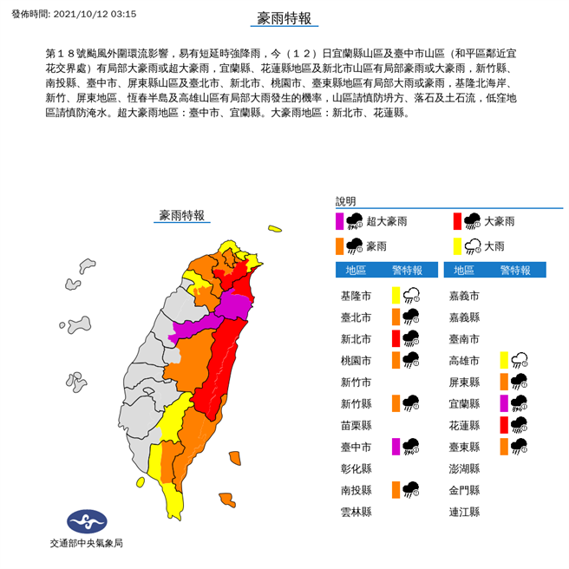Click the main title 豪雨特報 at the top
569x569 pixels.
pyautogui.click(x=284, y=18)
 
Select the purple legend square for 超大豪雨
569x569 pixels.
pyautogui.click(x=341, y=221)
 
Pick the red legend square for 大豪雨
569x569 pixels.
pyautogui.click(x=456, y=221)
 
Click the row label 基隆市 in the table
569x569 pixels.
pyautogui.click(x=356, y=296)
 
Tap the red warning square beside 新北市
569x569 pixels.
pyautogui.click(x=396, y=338)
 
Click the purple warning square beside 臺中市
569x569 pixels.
pyautogui.click(x=396, y=447)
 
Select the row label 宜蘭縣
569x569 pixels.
pyautogui.click(x=464, y=403)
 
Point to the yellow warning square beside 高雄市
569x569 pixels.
pyautogui.click(x=506, y=360)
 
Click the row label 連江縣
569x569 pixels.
pyautogui.click(x=464, y=512)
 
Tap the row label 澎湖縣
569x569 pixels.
pyautogui.click(x=464, y=468)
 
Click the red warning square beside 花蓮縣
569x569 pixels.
pyautogui.click(x=506, y=425)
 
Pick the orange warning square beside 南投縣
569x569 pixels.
pyautogui.click(x=396, y=490)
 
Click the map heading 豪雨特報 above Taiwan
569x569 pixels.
pyautogui.click(x=182, y=215)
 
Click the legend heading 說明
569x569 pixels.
pyautogui.click(x=346, y=199)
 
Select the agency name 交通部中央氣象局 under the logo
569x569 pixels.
pyautogui.click(x=86, y=544)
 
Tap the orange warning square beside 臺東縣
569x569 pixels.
pyautogui.click(x=506, y=447)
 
